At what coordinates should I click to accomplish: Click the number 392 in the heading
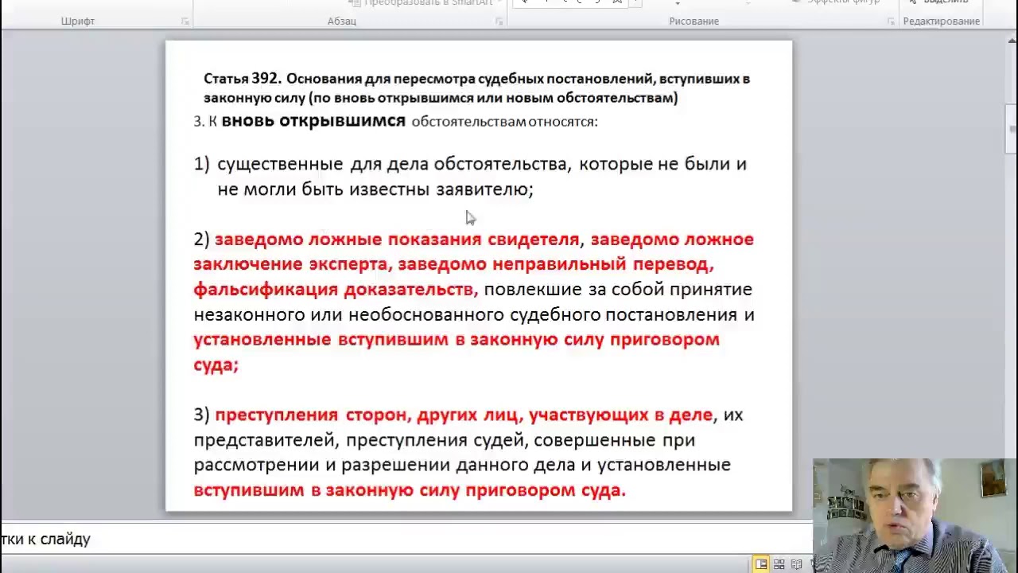(x=266, y=78)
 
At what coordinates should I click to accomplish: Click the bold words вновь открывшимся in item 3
(x=313, y=121)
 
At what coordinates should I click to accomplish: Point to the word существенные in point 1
(x=280, y=164)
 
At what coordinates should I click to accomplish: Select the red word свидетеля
(x=533, y=240)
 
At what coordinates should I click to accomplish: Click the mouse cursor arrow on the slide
(x=469, y=217)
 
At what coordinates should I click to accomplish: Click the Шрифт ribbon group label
(x=78, y=21)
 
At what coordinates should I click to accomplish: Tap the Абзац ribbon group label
(x=342, y=21)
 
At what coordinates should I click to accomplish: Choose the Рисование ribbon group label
(x=694, y=21)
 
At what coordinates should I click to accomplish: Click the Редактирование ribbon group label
(x=941, y=21)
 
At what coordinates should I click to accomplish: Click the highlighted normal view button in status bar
(x=761, y=564)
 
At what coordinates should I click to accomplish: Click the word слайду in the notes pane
(x=68, y=540)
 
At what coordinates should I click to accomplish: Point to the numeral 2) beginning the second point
(x=201, y=240)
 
